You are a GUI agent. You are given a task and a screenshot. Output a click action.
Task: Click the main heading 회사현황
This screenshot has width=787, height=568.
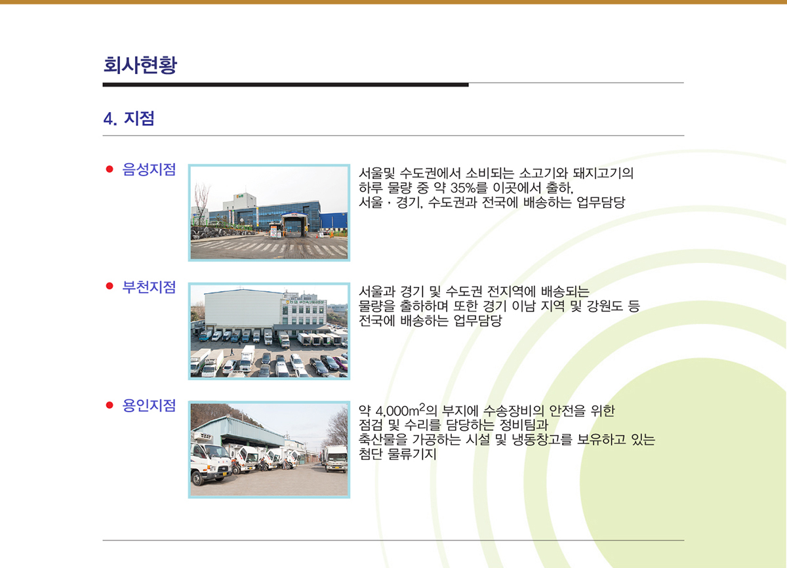[140, 65]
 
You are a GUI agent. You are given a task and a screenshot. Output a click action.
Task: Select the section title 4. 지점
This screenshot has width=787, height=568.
[129, 118]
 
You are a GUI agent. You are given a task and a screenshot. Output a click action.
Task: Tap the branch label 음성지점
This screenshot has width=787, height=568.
[149, 169]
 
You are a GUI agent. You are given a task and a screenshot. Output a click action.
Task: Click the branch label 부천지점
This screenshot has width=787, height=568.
[149, 287]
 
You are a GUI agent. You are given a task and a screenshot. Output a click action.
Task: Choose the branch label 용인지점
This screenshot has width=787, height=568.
[149, 405]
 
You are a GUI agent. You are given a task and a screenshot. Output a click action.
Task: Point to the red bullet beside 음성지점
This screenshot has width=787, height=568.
[110, 169]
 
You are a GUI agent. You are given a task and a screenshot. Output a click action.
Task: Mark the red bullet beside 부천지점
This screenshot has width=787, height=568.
[110, 286]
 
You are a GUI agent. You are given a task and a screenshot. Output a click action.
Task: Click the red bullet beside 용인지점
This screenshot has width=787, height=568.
[110, 405]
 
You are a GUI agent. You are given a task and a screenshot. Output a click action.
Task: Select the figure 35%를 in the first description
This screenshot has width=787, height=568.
[469, 188]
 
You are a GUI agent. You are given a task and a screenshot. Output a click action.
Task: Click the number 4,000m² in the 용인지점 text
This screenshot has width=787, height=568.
[400, 410]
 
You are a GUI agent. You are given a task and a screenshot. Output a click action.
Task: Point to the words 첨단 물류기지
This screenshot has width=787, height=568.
[397, 454]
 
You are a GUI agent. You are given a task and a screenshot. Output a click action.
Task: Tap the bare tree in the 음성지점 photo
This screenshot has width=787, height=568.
[202, 204]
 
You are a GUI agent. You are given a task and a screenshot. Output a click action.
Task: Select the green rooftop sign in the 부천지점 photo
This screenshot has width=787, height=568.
[306, 302]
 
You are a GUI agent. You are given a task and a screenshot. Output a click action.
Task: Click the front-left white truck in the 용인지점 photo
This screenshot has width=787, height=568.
[210, 459]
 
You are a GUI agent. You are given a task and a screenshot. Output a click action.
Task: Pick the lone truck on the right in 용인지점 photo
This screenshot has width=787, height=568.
[335, 458]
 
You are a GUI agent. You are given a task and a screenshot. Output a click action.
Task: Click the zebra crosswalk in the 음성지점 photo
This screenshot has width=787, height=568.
[270, 248]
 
